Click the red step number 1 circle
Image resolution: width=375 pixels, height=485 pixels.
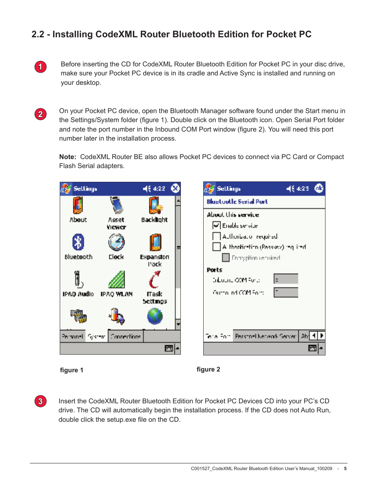(x=40, y=67)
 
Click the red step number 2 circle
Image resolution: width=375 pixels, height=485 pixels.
(x=40, y=114)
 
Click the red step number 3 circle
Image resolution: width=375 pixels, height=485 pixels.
(x=40, y=401)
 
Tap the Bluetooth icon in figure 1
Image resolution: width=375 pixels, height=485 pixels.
(x=78, y=243)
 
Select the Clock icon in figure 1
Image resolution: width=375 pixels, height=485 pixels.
(x=116, y=243)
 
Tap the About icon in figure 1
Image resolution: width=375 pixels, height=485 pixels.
(x=78, y=205)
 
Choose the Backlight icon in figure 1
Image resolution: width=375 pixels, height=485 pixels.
(x=155, y=205)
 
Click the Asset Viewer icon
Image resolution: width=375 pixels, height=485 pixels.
(x=116, y=205)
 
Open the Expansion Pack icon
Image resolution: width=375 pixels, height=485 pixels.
(x=155, y=243)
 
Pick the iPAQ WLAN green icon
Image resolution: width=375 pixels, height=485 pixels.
(x=116, y=280)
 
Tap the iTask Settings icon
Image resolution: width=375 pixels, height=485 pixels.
(x=154, y=280)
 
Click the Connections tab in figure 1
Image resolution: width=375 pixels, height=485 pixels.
(x=125, y=337)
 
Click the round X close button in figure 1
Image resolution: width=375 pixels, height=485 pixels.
(x=175, y=189)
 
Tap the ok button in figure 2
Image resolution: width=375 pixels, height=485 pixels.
(x=319, y=189)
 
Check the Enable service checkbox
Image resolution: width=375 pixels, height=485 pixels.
(x=216, y=225)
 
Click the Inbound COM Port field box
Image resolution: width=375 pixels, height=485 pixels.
(x=286, y=279)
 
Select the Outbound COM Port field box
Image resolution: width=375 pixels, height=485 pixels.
(x=286, y=293)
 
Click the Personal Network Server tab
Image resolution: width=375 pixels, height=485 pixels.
(x=265, y=336)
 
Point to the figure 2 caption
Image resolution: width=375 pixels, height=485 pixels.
(x=208, y=370)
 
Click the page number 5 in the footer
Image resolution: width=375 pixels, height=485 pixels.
(x=345, y=469)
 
